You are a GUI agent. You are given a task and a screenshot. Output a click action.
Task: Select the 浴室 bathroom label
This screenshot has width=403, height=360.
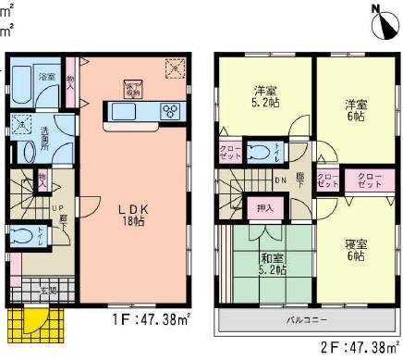pyautogui.click(x=46, y=77)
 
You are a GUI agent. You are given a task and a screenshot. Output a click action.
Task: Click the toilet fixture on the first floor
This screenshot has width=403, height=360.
pyautogui.click(x=22, y=236)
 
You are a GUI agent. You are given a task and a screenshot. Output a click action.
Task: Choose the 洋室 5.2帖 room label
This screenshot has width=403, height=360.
pyautogui.click(x=266, y=97)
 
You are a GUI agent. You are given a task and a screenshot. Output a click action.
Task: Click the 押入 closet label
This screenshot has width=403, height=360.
pyautogui.click(x=263, y=208)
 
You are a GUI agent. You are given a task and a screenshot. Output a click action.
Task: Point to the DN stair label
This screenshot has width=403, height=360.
pyautogui.click(x=281, y=181)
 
